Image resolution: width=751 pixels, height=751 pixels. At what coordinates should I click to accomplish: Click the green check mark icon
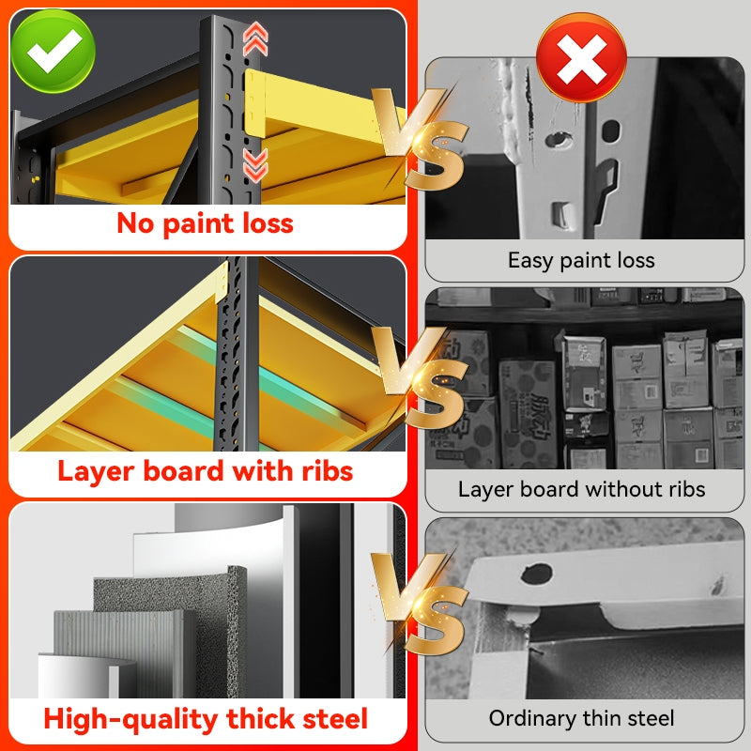point(53,51)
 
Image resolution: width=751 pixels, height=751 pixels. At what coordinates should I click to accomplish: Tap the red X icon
point(581,57)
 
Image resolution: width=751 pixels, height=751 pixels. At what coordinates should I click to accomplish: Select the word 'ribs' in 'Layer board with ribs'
point(328,471)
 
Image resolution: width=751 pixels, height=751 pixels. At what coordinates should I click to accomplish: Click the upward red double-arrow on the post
point(255,38)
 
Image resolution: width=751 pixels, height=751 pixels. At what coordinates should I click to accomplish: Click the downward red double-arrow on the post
point(255,165)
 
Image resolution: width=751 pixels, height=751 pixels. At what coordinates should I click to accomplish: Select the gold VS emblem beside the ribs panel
point(420,377)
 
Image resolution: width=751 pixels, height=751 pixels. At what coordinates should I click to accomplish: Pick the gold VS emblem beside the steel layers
point(420,605)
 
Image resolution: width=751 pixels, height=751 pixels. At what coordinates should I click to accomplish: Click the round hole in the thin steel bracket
point(536,574)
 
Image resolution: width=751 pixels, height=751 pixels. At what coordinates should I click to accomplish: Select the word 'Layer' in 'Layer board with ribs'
point(97,472)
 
